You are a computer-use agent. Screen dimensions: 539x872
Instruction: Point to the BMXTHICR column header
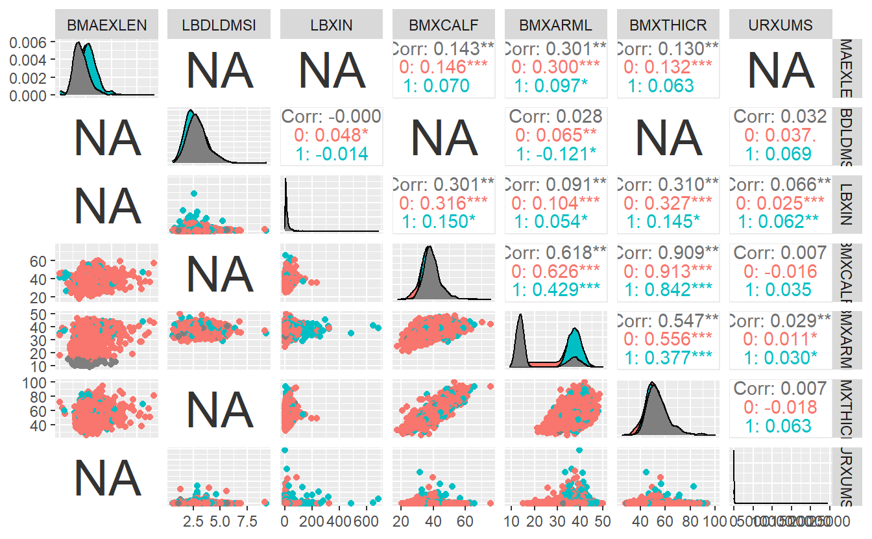click(x=668, y=25)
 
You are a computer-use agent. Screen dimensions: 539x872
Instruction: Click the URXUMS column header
click(x=780, y=25)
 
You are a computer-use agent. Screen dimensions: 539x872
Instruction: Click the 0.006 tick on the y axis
click(x=29, y=42)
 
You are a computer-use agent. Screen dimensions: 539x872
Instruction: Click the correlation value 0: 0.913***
click(x=668, y=271)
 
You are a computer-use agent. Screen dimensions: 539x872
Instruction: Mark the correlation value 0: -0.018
click(x=780, y=407)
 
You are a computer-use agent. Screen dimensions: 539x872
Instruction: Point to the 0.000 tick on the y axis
click(x=29, y=95)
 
